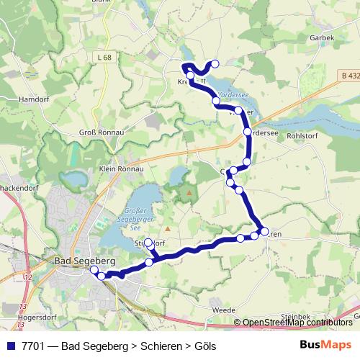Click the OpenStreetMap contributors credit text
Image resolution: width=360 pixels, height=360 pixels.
pyautogui.click(x=300, y=323)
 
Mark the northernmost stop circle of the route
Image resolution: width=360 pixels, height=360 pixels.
pyautogui.click(x=215, y=63)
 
